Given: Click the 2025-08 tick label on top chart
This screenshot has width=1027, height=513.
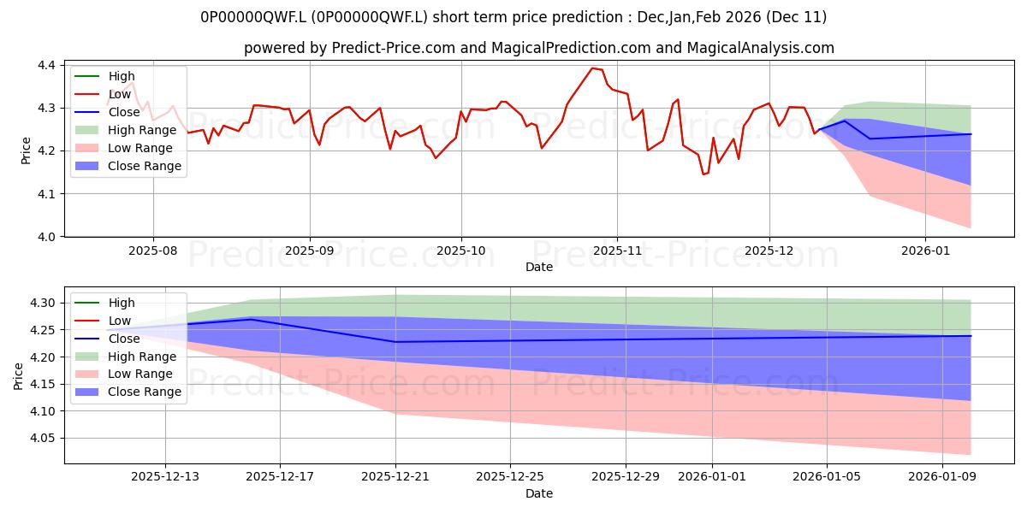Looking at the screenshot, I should pyautogui.click(x=153, y=252).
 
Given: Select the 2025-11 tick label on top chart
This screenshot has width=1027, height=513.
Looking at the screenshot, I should pyautogui.click(x=616, y=252).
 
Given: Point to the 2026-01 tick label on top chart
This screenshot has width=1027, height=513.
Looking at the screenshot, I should pyautogui.click(x=925, y=252).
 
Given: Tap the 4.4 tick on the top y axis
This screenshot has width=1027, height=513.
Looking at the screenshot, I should pyautogui.click(x=46, y=66).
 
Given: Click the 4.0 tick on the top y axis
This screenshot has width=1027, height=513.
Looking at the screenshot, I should pyautogui.click(x=46, y=237).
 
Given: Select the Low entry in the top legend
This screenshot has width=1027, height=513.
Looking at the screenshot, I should pyautogui.click(x=121, y=94).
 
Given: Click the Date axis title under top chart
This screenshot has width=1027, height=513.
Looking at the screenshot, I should pyautogui.click(x=539, y=267).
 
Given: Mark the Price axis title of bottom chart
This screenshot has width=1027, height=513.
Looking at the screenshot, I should pyautogui.click(x=19, y=375).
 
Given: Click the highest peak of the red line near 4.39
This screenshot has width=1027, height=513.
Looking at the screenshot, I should pyautogui.click(x=592, y=68).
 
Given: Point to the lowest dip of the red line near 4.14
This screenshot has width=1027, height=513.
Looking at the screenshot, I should pyautogui.click(x=703, y=174).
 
